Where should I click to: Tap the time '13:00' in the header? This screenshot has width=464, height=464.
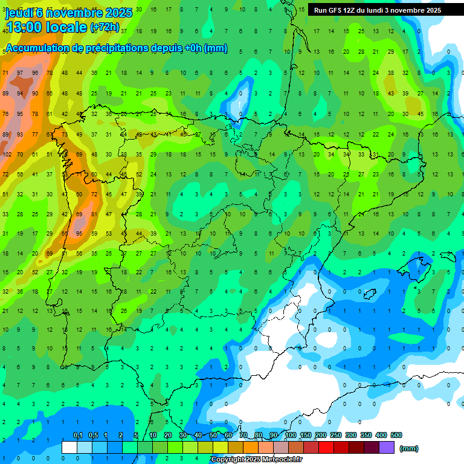[27, 27]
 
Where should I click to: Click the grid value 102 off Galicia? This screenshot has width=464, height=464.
[7, 154]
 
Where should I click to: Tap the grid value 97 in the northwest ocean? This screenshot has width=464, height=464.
[20, 72]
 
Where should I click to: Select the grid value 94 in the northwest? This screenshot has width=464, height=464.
[20, 94]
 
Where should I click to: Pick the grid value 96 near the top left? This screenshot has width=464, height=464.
[34, 72]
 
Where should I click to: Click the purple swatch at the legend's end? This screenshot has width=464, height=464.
[386, 447]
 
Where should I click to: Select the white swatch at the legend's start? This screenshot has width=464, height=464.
[69, 447]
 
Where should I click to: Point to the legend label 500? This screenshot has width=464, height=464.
[396, 436]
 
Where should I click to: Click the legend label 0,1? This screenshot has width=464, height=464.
[77, 436]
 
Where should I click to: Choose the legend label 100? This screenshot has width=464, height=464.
[290, 436]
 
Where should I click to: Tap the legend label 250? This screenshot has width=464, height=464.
[335, 436]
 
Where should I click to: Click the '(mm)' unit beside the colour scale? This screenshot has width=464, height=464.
[409, 448]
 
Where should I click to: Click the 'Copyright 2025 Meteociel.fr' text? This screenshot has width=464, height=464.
[257, 460]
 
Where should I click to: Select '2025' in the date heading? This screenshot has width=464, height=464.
[120, 13]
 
